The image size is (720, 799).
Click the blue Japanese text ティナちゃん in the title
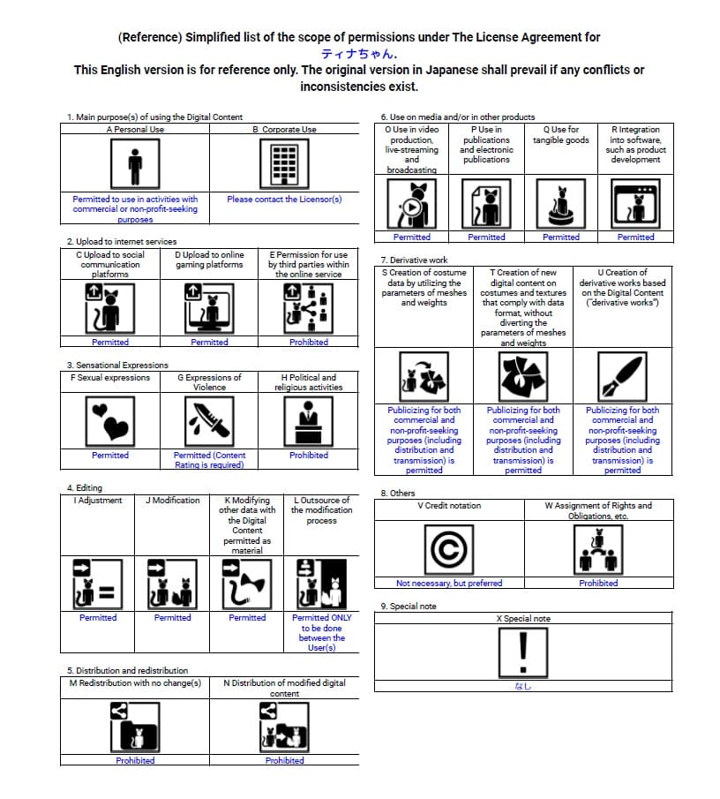358,54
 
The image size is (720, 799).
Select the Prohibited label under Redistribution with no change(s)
135,760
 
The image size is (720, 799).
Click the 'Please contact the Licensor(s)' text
284,200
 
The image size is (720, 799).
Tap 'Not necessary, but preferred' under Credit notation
449,583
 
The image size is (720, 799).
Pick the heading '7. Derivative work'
414,260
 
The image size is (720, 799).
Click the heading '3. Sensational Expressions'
117,365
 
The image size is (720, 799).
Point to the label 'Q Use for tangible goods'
561,135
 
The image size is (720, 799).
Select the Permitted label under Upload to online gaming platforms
209,342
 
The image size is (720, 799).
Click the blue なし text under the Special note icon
523,687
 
